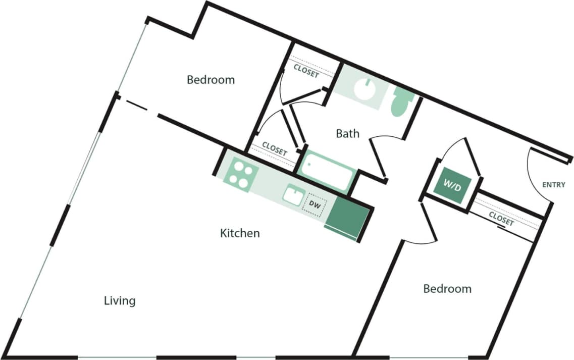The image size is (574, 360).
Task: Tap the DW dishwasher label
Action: (x=315, y=204)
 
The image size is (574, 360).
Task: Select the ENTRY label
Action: (x=553, y=185)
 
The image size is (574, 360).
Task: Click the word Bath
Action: (x=348, y=133)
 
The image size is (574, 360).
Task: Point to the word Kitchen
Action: (x=240, y=233)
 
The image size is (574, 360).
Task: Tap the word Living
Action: (x=120, y=301)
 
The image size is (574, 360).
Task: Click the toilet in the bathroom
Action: (x=402, y=102)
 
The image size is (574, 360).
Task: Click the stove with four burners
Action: (x=240, y=175)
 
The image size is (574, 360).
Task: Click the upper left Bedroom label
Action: (x=211, y=80)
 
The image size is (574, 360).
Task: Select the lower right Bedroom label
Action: (x=447, y=289)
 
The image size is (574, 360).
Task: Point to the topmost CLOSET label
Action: (x=306, y=71)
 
